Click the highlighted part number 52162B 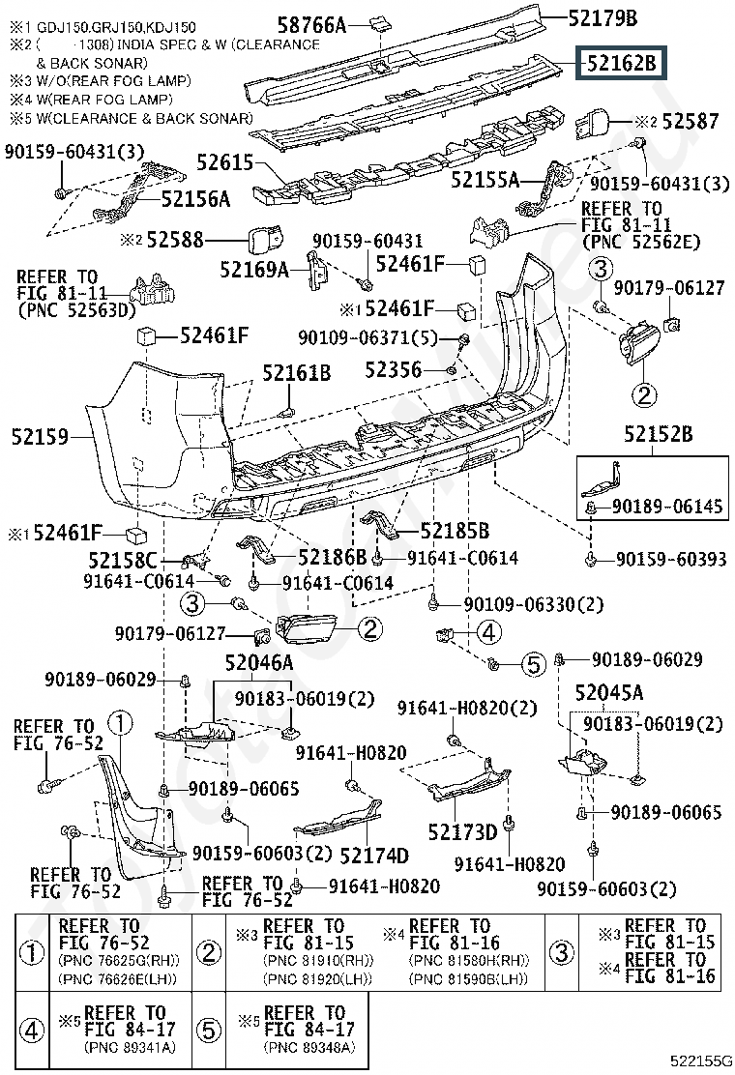(621, 64)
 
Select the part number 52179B (603, 17)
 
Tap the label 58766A (312, 25)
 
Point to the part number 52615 (225, 162)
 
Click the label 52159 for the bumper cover (40, 436)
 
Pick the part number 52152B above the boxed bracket (659, 434)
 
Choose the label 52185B (455, 530)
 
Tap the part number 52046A (259, 662)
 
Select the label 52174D (374, 855)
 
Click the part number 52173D (462, 831)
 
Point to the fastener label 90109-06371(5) (367, 337)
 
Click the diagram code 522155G (701, 1060)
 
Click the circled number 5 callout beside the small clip (534, 663)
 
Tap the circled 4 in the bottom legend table (32, 1030)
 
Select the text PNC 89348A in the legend (309, 1047)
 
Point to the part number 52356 (393, 370)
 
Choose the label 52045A (609, 692)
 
